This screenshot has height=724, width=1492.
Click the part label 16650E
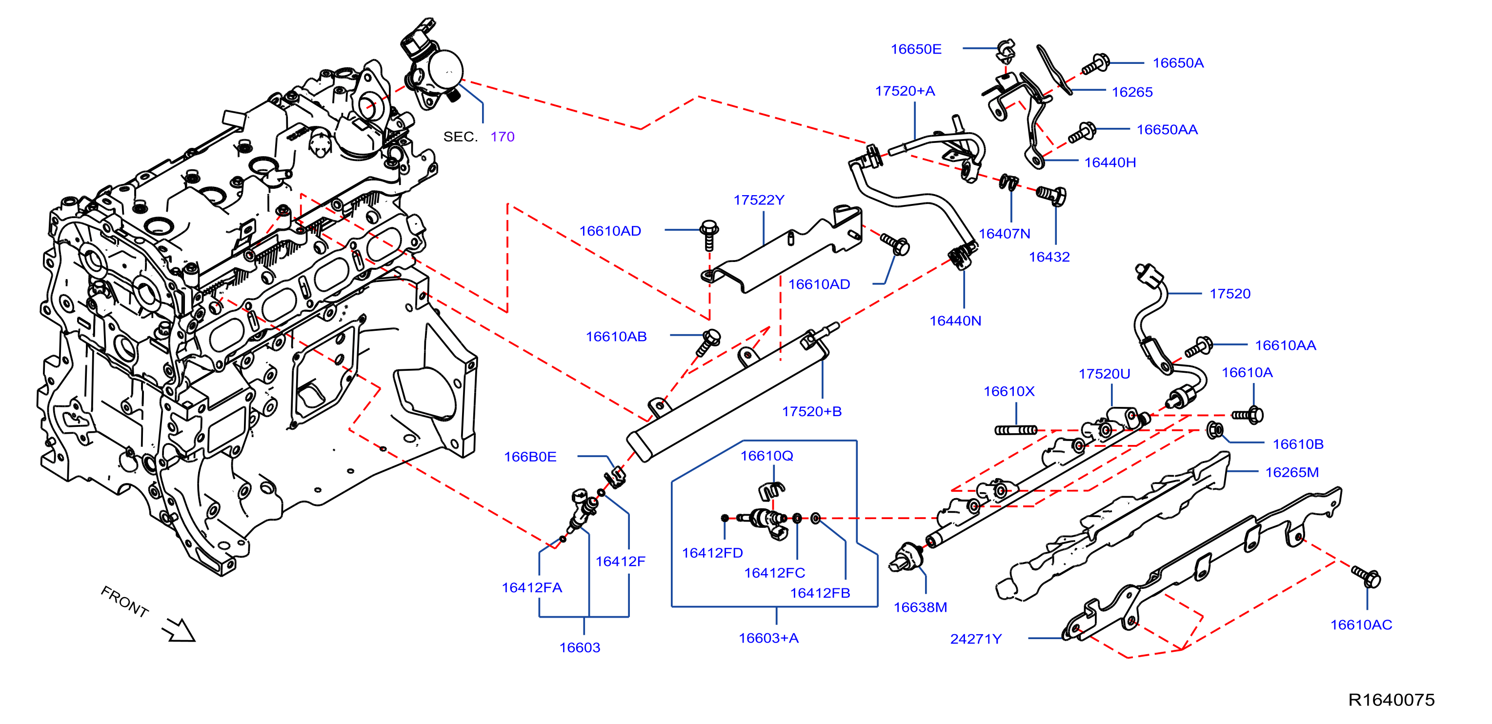click(x=916, y=49)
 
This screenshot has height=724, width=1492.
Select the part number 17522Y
click(x=759, y=200)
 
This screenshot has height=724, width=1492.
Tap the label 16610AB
click(x=616, y=337)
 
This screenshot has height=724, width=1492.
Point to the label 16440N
click(x=955, y=321)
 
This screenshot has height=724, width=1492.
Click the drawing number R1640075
click(x=1391, y=700)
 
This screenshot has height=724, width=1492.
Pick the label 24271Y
click(x=975, y=639)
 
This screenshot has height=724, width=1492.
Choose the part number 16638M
click(x=920, y=607)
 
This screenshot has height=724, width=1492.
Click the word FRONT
click(x=124, y=601)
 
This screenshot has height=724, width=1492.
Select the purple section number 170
click(x=502, y=137)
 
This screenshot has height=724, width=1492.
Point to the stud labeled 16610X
click(x=1016, y=430)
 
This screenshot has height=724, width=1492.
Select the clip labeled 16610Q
click(x=771, y=491)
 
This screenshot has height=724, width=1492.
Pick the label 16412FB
click(x=820, y=593)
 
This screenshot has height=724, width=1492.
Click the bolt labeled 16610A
click(x=1247, y=415)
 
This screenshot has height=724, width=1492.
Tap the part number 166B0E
click(x=530, y=457)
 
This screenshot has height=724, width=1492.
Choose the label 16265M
click(x=1291, y=473)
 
